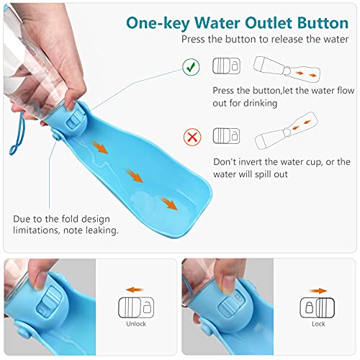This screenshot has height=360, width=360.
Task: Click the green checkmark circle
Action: (191, 67)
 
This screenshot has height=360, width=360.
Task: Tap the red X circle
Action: (192, 137)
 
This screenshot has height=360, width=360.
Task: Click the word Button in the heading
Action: (323, 23)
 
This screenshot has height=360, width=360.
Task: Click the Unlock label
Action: (136, 324)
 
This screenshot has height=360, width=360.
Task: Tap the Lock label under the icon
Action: (318, 324)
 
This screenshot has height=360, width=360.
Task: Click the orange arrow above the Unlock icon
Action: (135, 289)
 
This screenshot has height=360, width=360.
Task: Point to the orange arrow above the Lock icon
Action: (318, 291)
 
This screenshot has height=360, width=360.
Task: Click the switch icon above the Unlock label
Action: (136, 307)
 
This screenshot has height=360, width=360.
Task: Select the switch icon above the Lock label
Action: (318, 307)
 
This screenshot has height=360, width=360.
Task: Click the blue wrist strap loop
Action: (17, 134)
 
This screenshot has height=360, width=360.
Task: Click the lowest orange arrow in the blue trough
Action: (169, 203)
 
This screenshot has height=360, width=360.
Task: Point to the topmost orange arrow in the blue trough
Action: (100, 147)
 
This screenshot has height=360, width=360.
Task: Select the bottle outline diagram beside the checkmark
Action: (287, 69)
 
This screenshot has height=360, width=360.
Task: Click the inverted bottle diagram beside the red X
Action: (286, 131)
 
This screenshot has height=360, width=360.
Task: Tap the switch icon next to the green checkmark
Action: (226, 66)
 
